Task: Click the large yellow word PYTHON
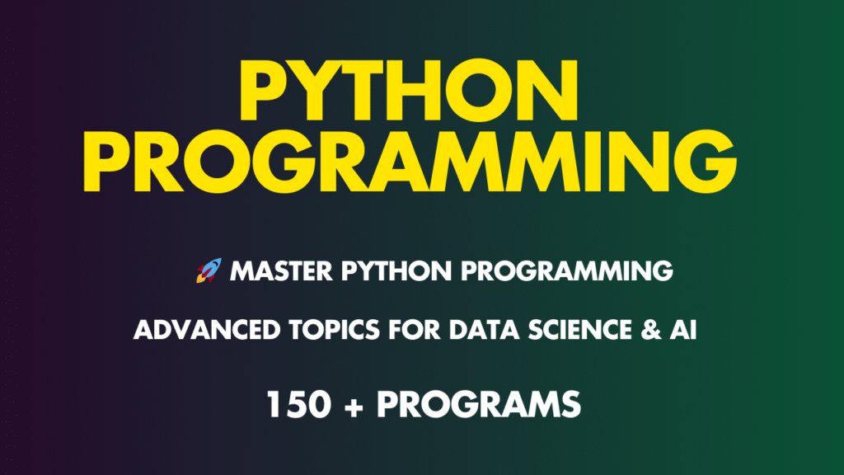pyautogui.click(x=409, y=90)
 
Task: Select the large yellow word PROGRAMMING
pyautogui.click(x=410, y=161)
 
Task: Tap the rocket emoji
pyautogui.click(x=209, y=270)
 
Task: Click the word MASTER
pyautogui.click(x=281, y=270)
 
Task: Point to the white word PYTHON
pyautogui.click(x=396, y=270)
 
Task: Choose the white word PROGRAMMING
pyautogui.click(x=567, y=270)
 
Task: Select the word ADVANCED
pyautogui.click(x=207, y=330)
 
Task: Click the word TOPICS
pyautogui.click(x=335, y=330)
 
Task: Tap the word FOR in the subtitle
pyautogui.click(x=415, y=330)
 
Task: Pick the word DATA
pyautogui.click(x=485, y=330)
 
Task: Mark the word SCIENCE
pyautogui.click(x=579, y=330)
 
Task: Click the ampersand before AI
pyautogui.click(x=651, y=330)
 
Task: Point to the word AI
pyautogui.click(x=683, y=330)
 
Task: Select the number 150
pyautogui.click(x=298, y=404)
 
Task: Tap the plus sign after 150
pyautogui.click(x=354, y=407)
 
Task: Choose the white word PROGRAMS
pyautogui.click(x=479, y=404)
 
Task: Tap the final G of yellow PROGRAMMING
pyautogui.click(x=706, y=161)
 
